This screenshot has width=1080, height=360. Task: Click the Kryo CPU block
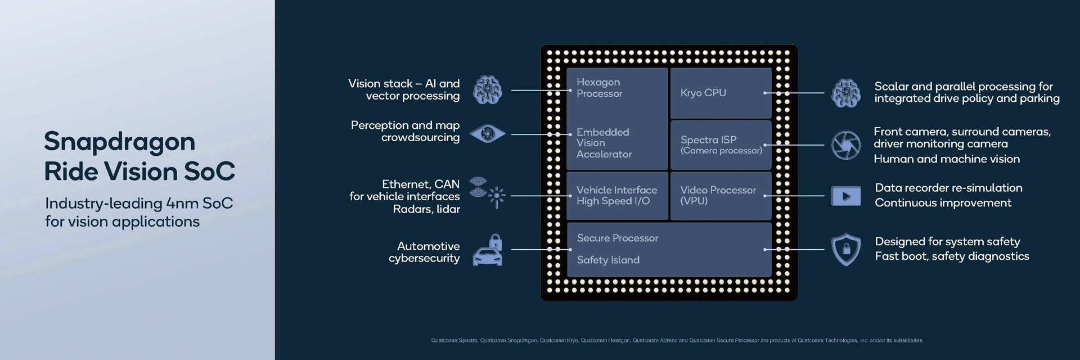point(720,93)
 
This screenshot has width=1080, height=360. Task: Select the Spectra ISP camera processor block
point(721,145)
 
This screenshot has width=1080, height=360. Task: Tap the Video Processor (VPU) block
point(721,195)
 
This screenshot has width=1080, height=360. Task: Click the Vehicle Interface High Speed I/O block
point(616,195)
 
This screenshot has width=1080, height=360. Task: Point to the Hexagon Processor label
point(599,88)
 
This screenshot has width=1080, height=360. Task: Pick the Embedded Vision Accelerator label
point(604,143)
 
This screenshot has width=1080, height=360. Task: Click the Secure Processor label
point(617,238)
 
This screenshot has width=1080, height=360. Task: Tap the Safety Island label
point(608,260)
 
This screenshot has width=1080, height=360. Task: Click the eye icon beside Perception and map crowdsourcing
point(487,134)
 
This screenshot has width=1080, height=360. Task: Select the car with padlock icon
point(488,250)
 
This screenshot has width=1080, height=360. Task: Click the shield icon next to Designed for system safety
point(846,249)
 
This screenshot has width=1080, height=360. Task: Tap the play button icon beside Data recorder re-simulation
point(846,196)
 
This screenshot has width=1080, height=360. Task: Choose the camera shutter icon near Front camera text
point(846,145)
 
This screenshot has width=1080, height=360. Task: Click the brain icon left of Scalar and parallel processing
point(846,93)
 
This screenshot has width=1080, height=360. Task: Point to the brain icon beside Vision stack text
point(487,90)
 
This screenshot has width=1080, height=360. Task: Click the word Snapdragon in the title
point(119,142)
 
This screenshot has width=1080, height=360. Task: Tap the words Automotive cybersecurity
point(426,252)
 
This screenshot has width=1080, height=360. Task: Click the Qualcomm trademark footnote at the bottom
point(677,340)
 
